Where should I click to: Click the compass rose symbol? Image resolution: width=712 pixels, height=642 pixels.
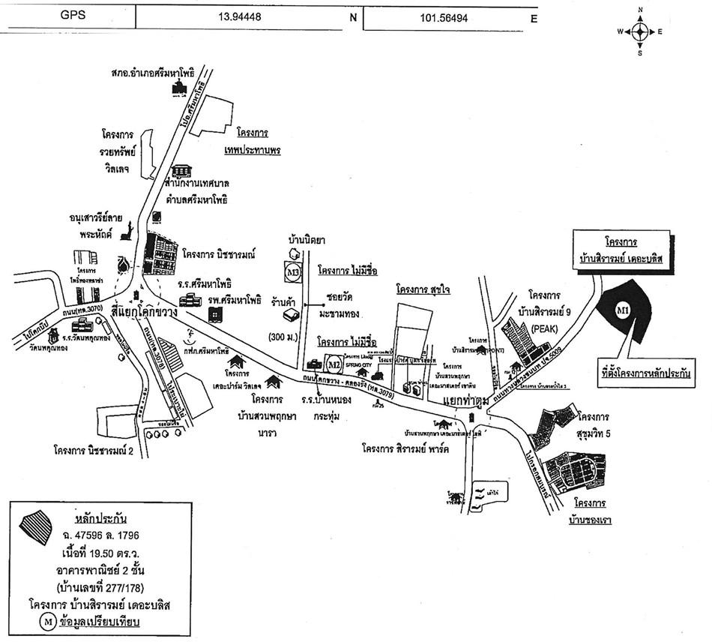click(639, 31)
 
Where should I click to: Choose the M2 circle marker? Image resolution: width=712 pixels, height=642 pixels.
click(334, 364)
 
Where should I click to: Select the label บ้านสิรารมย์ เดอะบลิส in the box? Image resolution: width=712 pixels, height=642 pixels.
click(618, 258)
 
